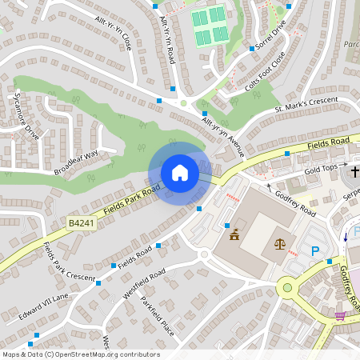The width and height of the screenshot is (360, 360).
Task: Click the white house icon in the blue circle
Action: [180, 173]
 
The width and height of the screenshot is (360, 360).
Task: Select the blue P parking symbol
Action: [315, 251]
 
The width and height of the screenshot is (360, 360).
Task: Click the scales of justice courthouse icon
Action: [280, 242]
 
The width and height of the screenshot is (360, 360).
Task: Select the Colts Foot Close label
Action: [264, 73]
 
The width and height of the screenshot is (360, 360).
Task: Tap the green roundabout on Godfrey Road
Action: [286, 286]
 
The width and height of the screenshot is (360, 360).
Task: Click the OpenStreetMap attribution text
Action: [80, 354]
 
